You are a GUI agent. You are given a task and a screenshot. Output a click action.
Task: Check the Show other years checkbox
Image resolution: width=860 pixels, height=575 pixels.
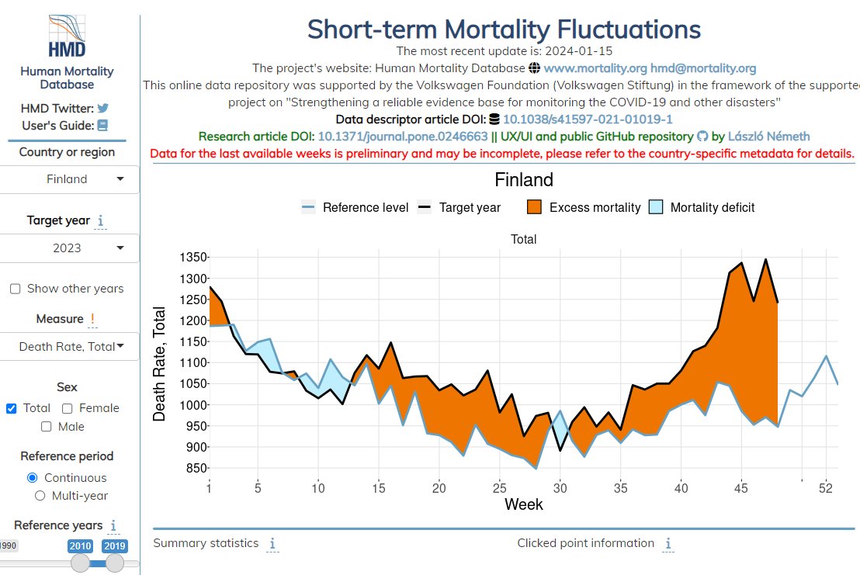16,289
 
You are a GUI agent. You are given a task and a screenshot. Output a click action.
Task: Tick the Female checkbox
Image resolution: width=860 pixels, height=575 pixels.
68,408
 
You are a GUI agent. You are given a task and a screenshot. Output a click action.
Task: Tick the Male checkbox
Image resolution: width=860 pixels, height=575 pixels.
47,427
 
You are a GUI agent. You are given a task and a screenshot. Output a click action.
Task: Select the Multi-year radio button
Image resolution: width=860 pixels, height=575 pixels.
40,496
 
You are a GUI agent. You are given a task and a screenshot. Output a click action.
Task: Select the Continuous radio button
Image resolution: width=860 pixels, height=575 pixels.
33,478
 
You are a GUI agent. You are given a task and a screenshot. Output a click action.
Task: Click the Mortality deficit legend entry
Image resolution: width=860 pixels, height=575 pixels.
702,207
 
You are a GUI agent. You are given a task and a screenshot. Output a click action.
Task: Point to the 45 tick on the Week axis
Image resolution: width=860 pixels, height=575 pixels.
742,488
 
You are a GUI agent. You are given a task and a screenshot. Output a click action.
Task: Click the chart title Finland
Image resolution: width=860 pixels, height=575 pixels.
524,180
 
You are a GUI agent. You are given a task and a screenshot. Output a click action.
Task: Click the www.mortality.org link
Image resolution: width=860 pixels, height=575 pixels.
595,68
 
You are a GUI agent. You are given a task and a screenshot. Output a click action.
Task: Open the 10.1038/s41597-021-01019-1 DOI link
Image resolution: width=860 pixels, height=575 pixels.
588,120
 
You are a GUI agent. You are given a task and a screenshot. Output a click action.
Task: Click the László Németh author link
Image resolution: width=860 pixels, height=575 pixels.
768,137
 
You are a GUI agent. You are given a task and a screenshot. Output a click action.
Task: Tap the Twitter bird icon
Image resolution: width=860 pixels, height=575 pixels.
102,109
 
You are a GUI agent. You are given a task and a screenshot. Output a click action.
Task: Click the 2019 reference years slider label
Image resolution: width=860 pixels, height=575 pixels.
114,546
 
